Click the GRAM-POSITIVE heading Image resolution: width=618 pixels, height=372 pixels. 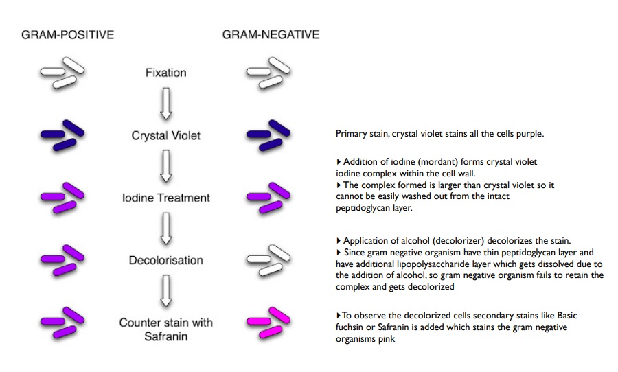point(67,34)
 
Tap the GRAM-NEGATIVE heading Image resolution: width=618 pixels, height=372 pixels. point(271,34)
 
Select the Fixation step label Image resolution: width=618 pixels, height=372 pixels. point(165,73)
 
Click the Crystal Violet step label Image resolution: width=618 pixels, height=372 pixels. point(165,135)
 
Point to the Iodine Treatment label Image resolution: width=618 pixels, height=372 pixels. point(165,198)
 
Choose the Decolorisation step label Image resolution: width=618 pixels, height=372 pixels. point(165,260)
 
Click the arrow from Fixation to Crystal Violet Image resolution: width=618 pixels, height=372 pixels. point(165,104)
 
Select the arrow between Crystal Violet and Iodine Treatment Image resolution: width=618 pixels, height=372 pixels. point(165,167)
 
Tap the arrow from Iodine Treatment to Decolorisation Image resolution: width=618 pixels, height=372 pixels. point(165,229)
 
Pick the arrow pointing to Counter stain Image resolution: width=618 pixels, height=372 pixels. point(165,292)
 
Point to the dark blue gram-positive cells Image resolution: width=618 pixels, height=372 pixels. point(62,135)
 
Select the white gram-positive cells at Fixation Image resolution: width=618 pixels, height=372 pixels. point(62,72)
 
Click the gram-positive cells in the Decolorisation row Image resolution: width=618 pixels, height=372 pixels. point(62,259)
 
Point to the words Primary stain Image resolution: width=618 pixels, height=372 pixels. point(358,134)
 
